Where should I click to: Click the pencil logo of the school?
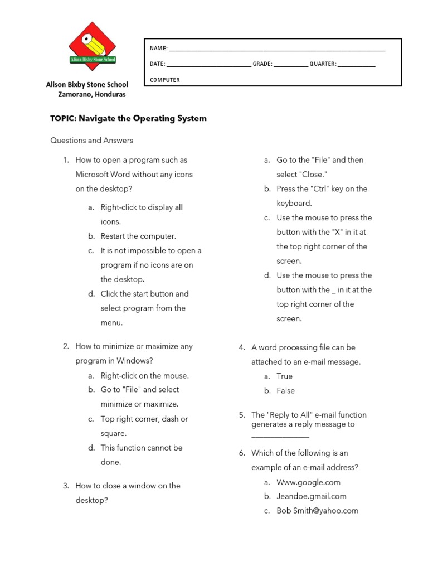pyautogui.click(x=92, y=46)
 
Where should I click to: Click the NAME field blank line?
pyautogui.click(x=276, y=50)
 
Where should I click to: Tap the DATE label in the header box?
pyautogui.click(x=157, y=64)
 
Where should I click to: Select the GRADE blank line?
pyautogui.click(x=290, y=65)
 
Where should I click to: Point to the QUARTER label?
pyautogui.click(x=323, y=64)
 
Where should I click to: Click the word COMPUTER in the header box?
pyautogui.click(x=164, y=80)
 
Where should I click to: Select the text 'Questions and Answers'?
pyautogui.click(x=91, y=141)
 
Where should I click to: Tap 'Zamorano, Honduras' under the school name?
pyautogui.click(x=92, y=94)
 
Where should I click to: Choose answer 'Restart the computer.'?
pyautogui.click(x=138, y=236)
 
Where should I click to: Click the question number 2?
pyautogui.click(x=66, y=346)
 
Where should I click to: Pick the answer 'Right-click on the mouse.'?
pyautogui.click(x=144, y=375)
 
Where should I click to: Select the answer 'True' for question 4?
pyautogui.click(x=284, y=376)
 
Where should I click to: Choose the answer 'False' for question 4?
pyautogui.click(x=285, y=391)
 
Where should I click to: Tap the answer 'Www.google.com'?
pyautogui.click(x=308, y=482)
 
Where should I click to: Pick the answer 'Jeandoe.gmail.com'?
pyautogui.click(x=311, y=496)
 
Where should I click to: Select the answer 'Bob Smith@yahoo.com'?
pyautogui.click(x=317, y=511)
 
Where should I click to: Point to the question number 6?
pyautogui.click(x=242, y=453)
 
